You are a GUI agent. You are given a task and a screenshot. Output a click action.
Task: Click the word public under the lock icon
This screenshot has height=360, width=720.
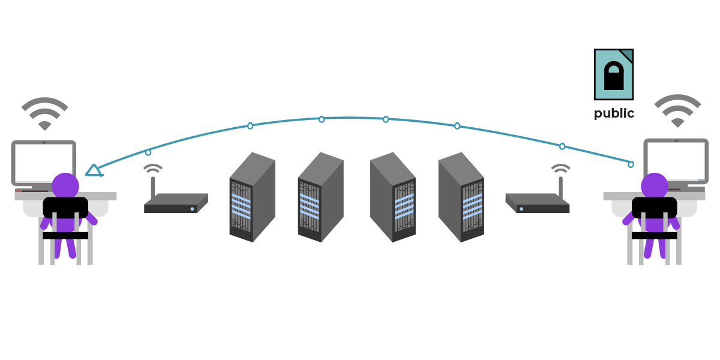614,113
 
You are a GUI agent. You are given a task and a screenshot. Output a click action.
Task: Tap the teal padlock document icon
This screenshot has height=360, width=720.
614,74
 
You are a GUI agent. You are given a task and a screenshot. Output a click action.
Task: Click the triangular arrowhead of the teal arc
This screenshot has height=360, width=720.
93,170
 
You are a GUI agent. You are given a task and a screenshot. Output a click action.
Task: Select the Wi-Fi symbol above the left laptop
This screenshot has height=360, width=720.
45,113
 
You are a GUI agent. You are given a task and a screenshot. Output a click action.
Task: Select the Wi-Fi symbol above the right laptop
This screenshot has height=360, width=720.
677,110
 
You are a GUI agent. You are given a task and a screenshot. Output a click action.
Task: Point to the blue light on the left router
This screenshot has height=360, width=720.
192,209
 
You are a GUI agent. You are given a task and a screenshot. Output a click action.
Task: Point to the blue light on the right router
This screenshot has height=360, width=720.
521,209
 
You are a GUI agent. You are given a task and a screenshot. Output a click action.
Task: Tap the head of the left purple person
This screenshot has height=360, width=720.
65,185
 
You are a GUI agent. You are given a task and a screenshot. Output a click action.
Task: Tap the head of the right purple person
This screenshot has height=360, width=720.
655,185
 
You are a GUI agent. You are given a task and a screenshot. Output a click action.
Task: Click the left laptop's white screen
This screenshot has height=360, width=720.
44,163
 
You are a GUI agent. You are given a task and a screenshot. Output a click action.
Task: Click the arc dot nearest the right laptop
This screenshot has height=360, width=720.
631,164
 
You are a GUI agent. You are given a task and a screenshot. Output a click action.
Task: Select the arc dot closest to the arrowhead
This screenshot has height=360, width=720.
148,152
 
